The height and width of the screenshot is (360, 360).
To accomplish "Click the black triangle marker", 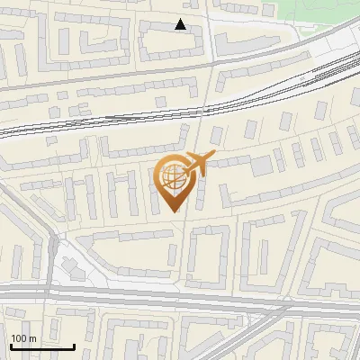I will click(x=181, y=24).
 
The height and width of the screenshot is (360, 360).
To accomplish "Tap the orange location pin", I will click(x=173, y=180).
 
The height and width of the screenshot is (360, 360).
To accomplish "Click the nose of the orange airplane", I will click(x=212, y=157).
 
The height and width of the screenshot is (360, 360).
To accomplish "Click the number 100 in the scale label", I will click(x=19, y=338).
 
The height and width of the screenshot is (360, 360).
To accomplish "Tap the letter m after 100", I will click(x=32, y=338).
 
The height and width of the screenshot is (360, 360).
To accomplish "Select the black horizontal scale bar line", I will click(x=42, y=346).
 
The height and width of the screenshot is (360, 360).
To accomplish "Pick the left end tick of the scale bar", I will click(x=11, y=344).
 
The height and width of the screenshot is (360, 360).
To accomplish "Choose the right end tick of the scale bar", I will click(x=74, y=344).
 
